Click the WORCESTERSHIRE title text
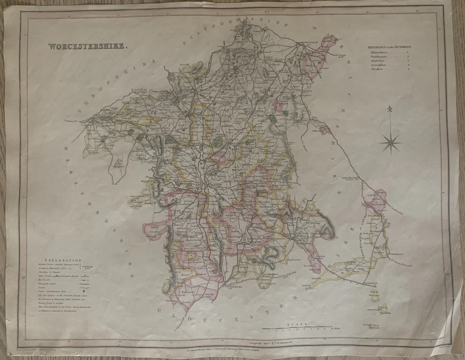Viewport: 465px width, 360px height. (88, 47)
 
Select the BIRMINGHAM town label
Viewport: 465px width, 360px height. (310, 42)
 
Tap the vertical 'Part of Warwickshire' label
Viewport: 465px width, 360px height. (362, 237)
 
